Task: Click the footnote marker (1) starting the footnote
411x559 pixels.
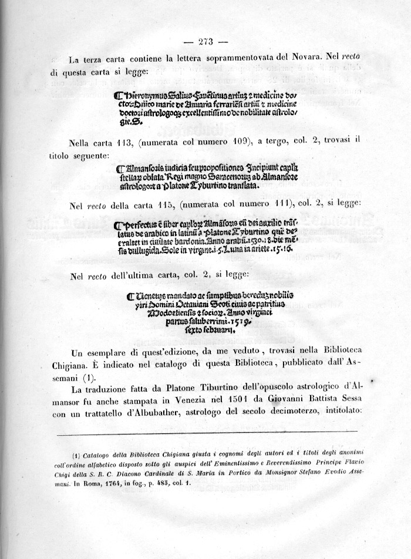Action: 76,455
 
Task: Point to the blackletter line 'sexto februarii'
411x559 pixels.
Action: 217,331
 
